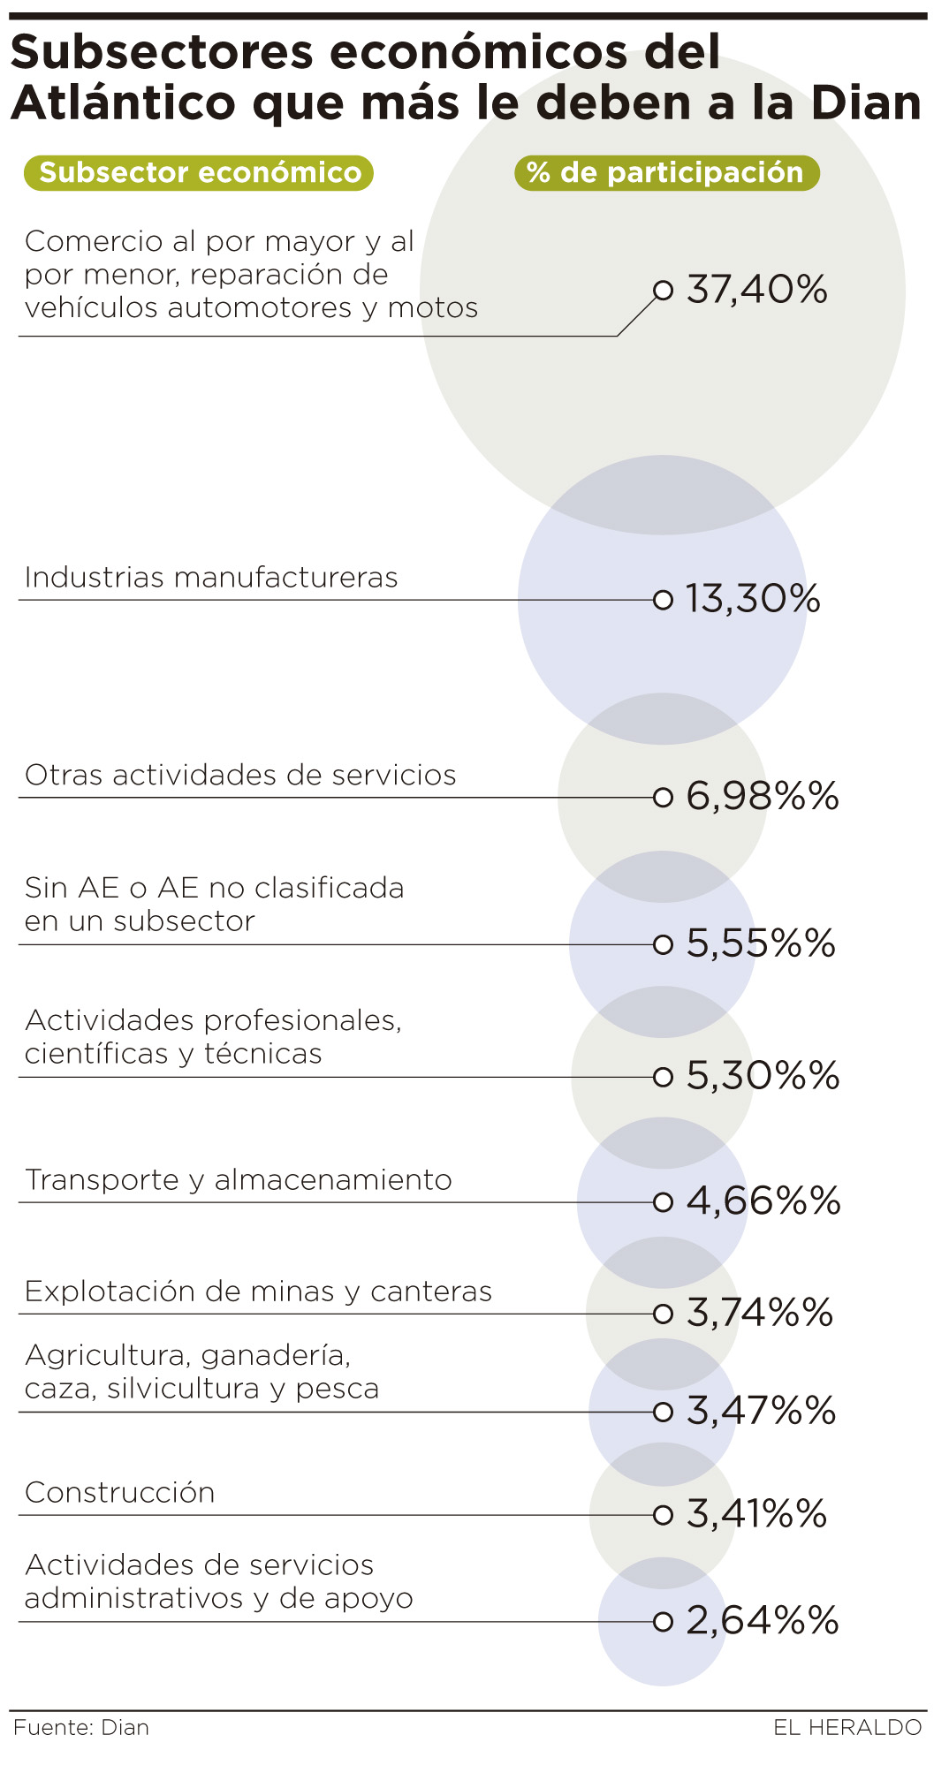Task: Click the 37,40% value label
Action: click(756, 290)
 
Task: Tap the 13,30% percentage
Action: click(753, 599)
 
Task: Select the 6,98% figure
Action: click(762, 797)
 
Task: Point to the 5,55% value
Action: click(761, 943)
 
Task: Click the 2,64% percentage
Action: click(762, 1620)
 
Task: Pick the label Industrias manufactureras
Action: click(211, 578)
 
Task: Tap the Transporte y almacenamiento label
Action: click(238, 1180)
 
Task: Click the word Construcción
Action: click(119, 1492)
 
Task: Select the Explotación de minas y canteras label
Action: click(258, 1292)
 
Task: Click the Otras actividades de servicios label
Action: click(240, 775)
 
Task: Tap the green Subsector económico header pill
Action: click(200, 172)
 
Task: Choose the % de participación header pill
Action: click(666, 172)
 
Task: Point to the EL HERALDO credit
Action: click(847, 1727)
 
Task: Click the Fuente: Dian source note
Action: click(81, 1727)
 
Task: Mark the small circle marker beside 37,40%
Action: click(663, 290)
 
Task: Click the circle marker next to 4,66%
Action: click(663, 1202)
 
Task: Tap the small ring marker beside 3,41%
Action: click(663, 1515)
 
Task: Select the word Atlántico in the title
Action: click(124, 103)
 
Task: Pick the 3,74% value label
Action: click(760, 1313)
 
